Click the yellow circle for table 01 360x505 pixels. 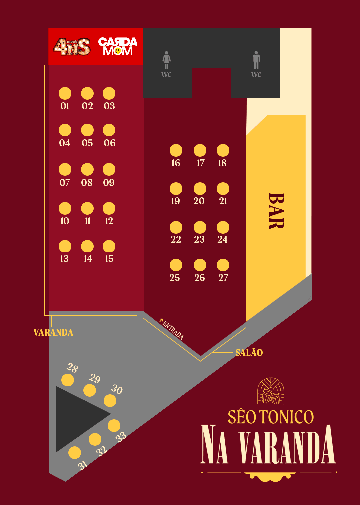[x=65, y=93]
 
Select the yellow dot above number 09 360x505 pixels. [x=109, y=169]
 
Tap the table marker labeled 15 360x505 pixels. [x=109, y=246]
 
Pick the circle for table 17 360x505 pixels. [x=200, y=150]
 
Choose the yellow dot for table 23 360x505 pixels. [x=200, y=227]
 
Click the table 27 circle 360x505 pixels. [x=223, y=265]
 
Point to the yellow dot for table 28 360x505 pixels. [x=68, y=380]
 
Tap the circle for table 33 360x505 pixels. [x=114, y=426]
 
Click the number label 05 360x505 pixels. [x=87, y=143]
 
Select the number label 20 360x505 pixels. [x=199, y=201]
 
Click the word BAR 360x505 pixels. [x=276, y=211]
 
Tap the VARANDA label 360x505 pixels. [x=53, y=332]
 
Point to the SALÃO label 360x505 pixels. [x=249, y=353]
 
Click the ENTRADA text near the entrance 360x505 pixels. [x=173, y=329]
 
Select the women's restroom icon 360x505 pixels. [x=166, y=60]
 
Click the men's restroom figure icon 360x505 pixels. [x=256, y=60]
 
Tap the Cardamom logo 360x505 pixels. [x=118, y=46]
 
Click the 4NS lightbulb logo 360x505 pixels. [x=72, y=46]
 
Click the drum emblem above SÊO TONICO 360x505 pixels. [x=271, y=391]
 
